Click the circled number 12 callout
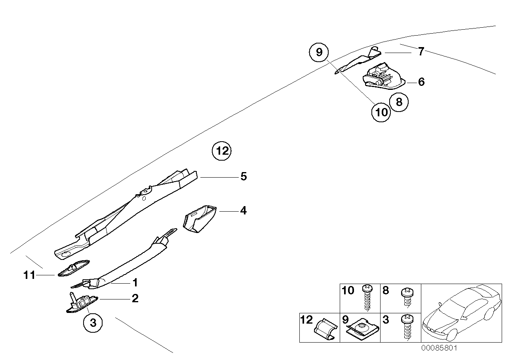tap(221, 151)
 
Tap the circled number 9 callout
tap(320, 52)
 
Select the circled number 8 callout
tap(399, 102)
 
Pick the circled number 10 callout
tap(381, 112)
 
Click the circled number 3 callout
tap(93, 323)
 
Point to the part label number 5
tap(244, 176)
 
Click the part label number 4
tap(243, 211)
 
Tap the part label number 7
tap(421, 51)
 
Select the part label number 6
tap(421, 82)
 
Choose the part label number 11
tap(30, 275)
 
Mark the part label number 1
tap(135, 283)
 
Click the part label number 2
tap(135, 298)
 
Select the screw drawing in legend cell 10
tap(367, 298)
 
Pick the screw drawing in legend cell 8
tap(407, 297)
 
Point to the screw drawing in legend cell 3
tap(407, 327)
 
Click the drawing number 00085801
tap(439, 349)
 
